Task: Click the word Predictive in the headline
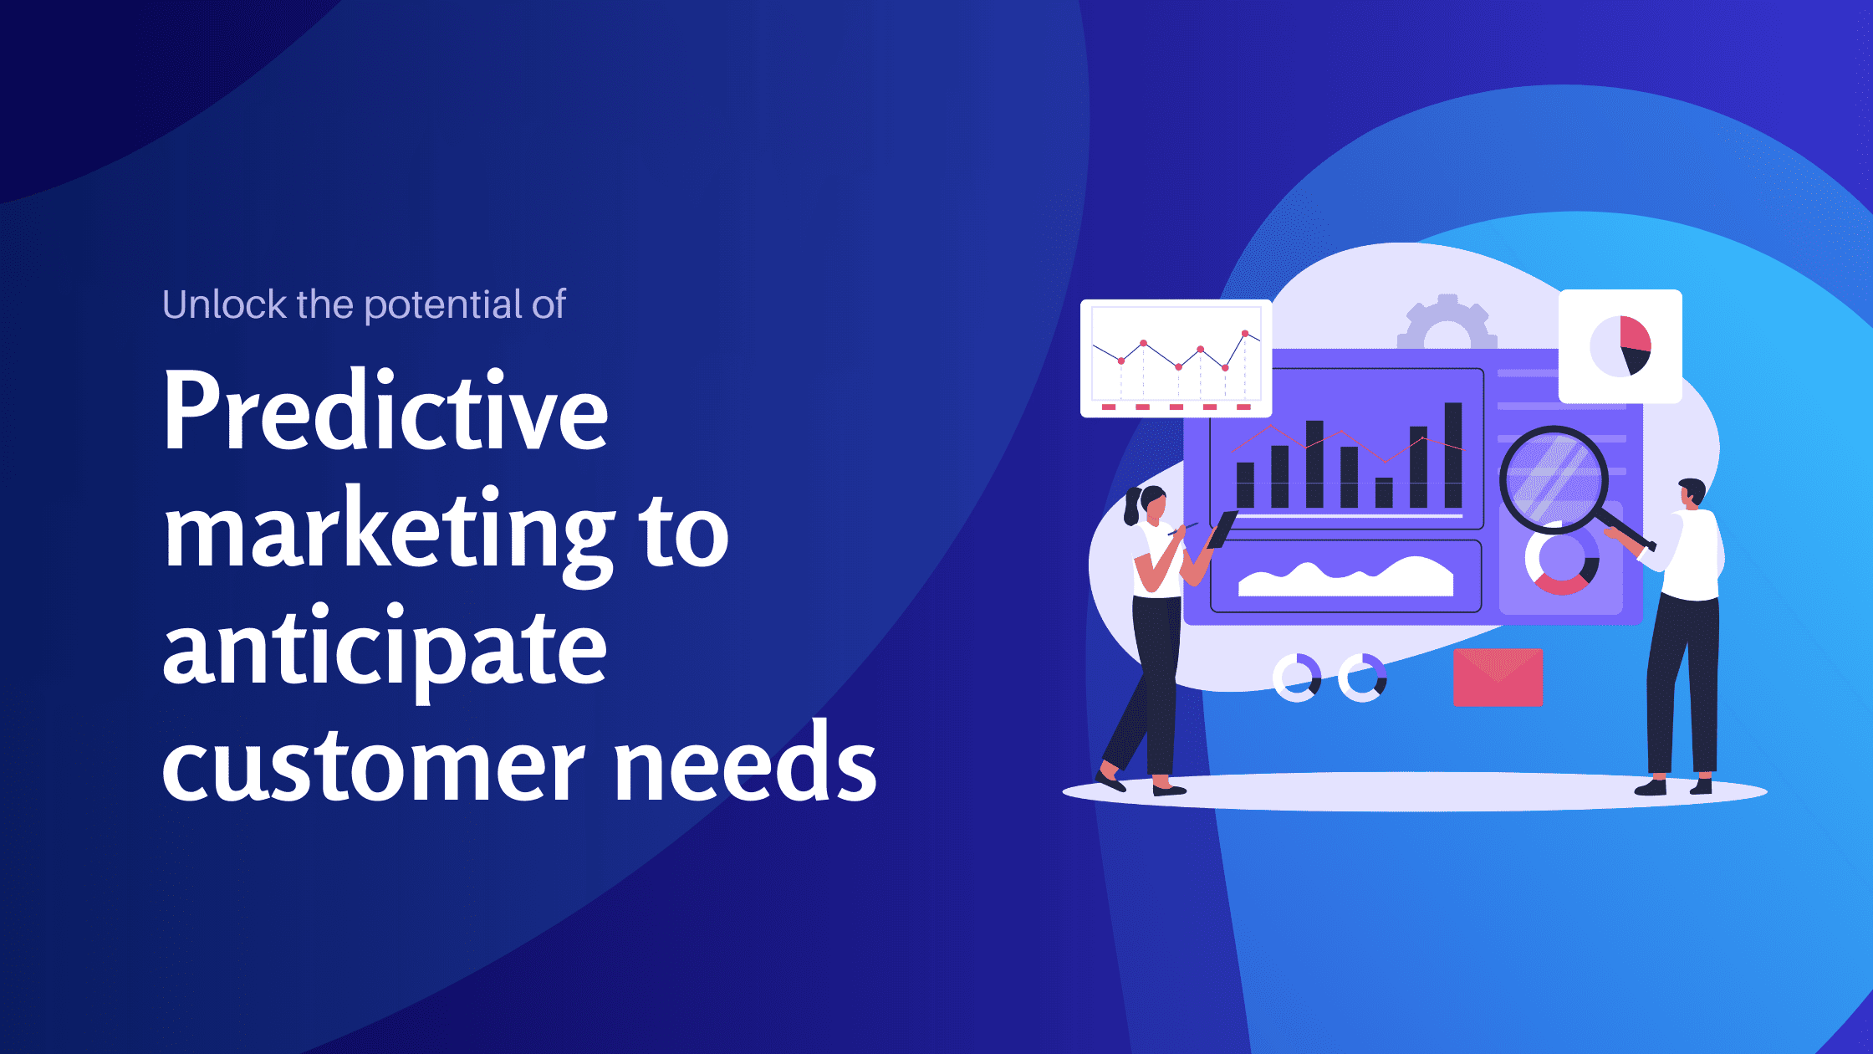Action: point(385,412)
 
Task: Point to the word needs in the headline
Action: point(745,763)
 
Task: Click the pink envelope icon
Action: point(1498,678)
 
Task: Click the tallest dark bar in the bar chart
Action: point(1453,455)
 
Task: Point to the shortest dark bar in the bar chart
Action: point(1384,493)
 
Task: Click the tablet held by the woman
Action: point(1222,530)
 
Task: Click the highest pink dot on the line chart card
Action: point(1245,334)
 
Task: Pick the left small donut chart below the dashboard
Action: point(1296,678)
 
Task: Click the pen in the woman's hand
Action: point(1182,529)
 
